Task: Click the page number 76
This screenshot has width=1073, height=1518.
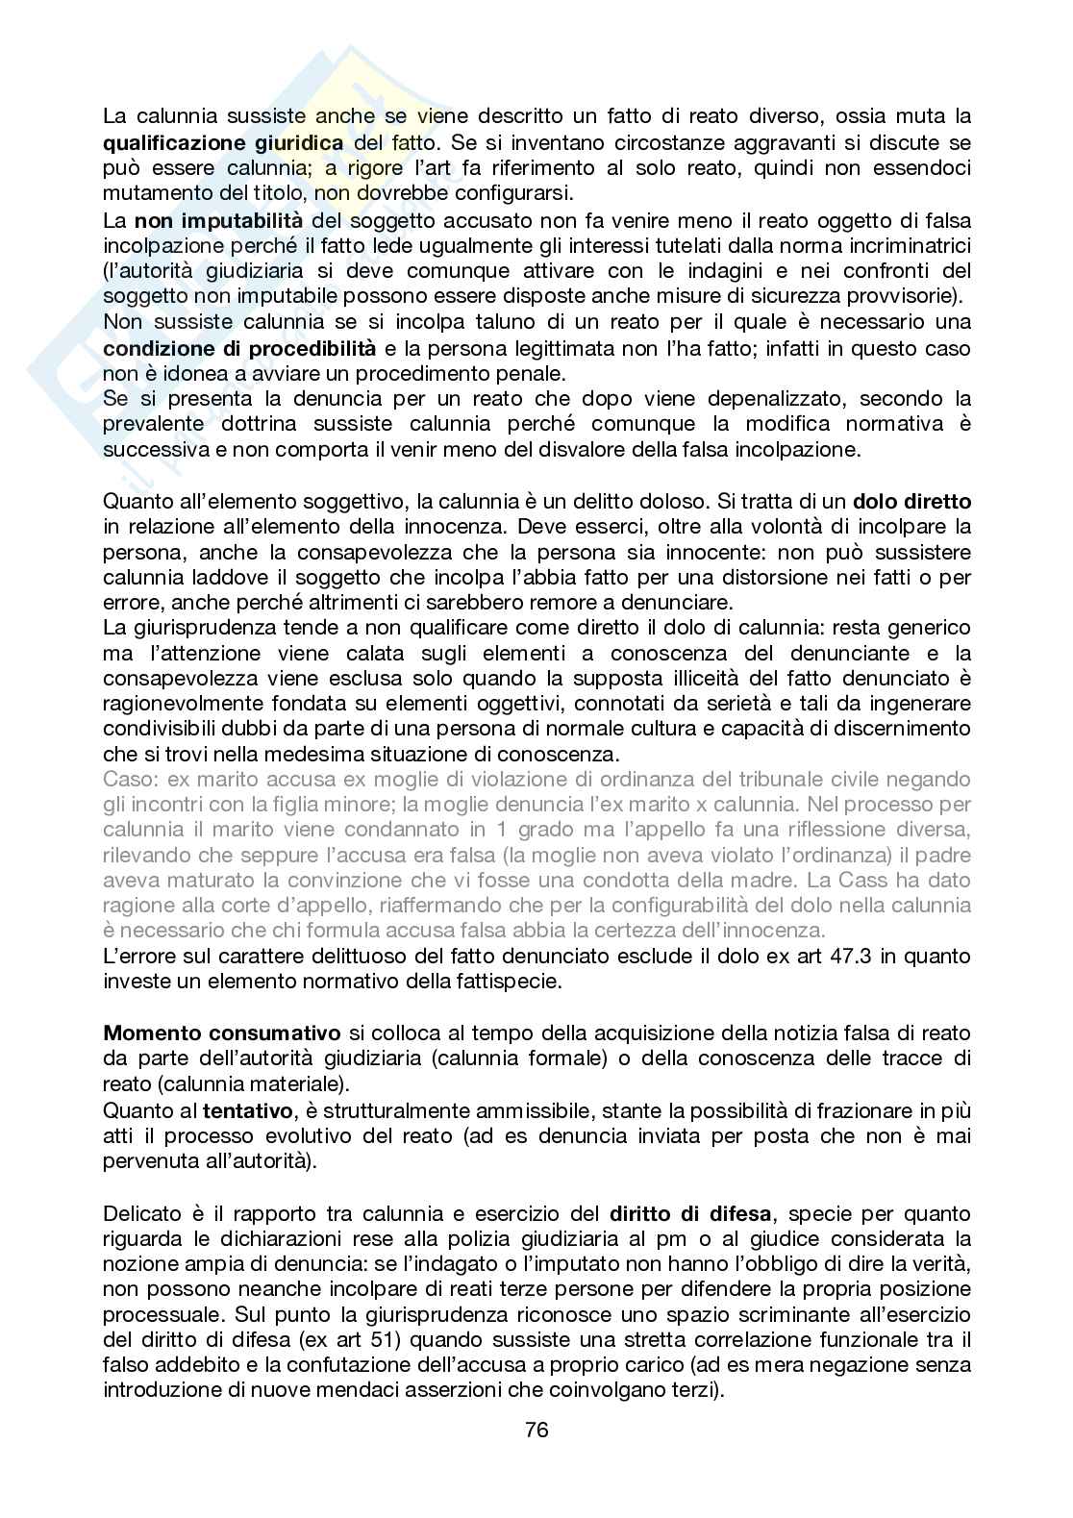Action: [x=536, y=1429]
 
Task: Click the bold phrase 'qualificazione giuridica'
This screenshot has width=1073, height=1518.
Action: [x=223, y=143]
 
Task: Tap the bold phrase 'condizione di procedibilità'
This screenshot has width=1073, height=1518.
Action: [x=239, y=348]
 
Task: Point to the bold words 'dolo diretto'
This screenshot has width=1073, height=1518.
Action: [x=911, y=501]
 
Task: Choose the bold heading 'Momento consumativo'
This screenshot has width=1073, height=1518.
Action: [x=221, y=1033]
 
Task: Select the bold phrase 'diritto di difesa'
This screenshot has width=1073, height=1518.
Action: [x=693, y=1213]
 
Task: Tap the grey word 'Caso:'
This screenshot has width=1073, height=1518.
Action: [x=130, y=779]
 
